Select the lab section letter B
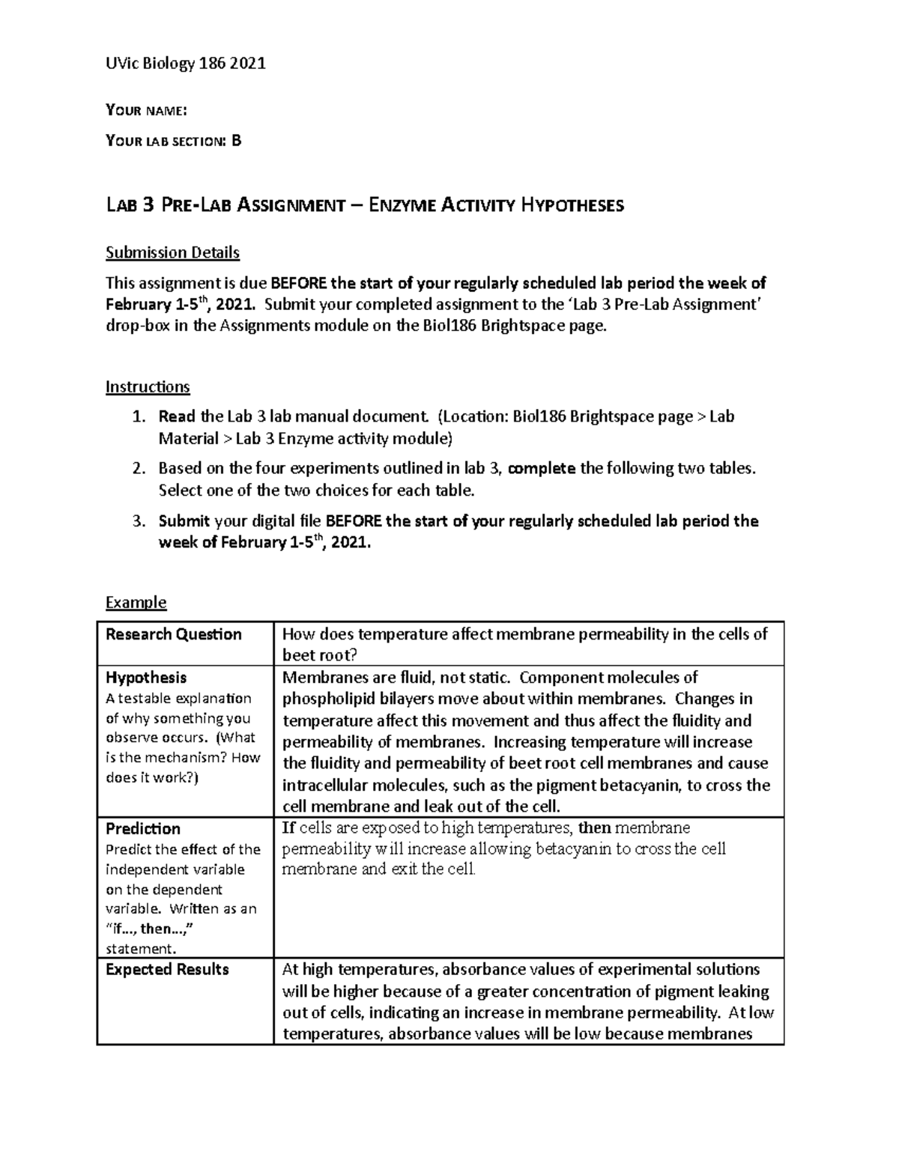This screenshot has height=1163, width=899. (237, 141)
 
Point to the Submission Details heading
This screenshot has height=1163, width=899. (172, 252)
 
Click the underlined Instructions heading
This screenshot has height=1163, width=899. (148, 387)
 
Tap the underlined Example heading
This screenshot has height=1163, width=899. (136, 602)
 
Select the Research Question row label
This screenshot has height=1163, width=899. (173, 634)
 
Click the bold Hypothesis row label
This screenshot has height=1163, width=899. (146, 677)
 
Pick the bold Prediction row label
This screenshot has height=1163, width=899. (143, 828)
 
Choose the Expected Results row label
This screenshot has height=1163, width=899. (167, 969)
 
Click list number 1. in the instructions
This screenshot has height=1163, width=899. (137, 416)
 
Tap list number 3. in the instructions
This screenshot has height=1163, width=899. (137, 521)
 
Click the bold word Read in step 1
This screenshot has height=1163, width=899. (177, 416)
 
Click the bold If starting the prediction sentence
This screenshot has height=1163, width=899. (288, 828)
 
